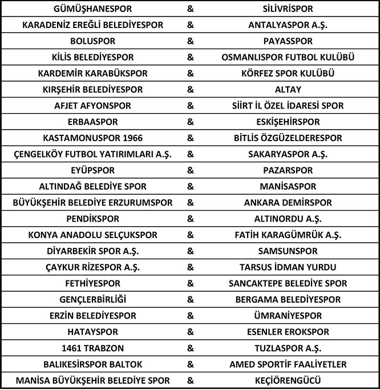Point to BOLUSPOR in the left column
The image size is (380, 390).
pos(92,42)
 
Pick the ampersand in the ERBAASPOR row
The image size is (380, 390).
pos(190,122)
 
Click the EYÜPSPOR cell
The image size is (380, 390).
pos(92,171)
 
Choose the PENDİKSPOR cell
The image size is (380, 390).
pos(92,219)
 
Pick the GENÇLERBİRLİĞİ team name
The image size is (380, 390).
pos(92,299)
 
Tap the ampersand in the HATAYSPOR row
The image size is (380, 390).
pos(190,332)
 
